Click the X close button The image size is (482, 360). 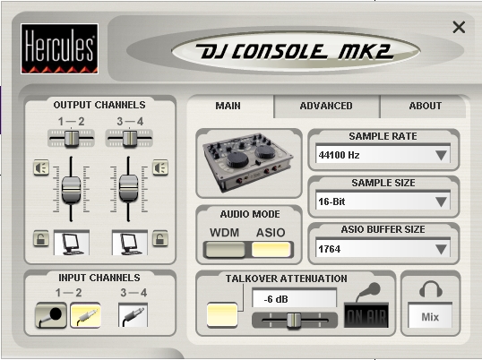click(x=459, y=28)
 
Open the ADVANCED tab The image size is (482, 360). click(x=326, y=106)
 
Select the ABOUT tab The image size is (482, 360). click(x=426, y=106)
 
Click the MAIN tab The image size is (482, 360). click(x=228, y=106)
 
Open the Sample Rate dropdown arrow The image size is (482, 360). click(x=441, y=155)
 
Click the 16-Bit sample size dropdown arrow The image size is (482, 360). click(x=441, y=201)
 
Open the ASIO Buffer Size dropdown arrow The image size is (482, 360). click(x=441, y=249)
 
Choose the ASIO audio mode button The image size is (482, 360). click(x=271, y=250)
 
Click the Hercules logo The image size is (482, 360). click(x=60, y=49)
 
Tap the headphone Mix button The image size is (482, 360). click(x=430, y=316)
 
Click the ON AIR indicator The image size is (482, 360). click(x=366, y=315)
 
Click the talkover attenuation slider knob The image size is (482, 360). click(x=294, y=321)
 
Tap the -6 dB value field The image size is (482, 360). click(x=294, y=298)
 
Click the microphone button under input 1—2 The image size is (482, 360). click(x=51, y=315)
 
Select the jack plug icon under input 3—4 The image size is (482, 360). click(x=133, y=315)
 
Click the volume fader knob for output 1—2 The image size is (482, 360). click(x=72, y=190)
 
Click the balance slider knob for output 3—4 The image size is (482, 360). click(x=130, y=139)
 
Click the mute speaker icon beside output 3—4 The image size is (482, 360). click(x=160, y=167)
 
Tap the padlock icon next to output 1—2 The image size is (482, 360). click(x=41, y=238)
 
